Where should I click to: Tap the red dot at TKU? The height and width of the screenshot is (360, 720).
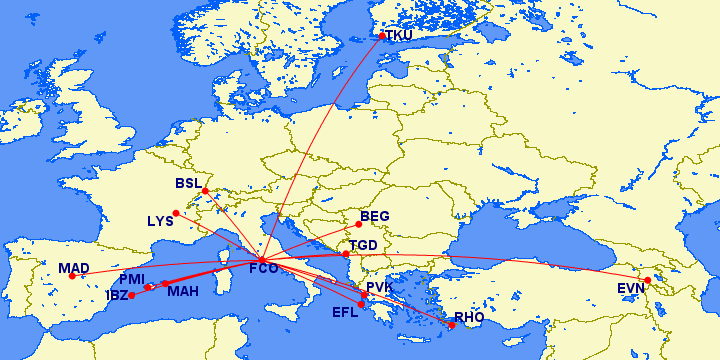coord(382,37)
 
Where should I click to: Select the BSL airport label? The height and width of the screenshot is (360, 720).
coord(188,184)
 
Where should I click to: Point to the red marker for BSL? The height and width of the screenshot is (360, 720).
coord(205,191)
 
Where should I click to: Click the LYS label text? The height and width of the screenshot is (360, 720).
coord(160,221)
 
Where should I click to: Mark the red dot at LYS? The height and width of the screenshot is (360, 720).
coord(176,212)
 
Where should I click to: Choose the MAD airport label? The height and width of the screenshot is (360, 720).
coord(74,268)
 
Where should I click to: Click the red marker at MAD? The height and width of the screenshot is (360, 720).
coord(72,276)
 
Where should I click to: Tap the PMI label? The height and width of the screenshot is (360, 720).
coord(132,279)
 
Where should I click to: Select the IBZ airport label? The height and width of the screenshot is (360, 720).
coord(116,295)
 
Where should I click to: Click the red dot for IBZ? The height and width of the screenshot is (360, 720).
coord(131,295)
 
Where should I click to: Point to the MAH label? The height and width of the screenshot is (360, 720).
coord(182,292)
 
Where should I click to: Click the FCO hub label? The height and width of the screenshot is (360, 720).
coord(263,269)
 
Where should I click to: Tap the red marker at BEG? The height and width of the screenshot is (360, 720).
coord(358,224)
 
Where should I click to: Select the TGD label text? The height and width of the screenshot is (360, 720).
coord(363,246)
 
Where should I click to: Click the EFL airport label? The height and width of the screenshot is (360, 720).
coord(345,312)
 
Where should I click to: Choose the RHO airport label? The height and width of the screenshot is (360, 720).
coord(469,317)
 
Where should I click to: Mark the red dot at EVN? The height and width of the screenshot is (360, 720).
coord(647,280)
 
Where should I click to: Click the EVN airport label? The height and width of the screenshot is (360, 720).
coord(631,289)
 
